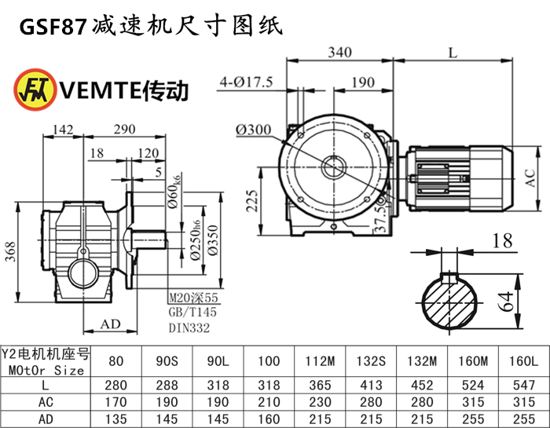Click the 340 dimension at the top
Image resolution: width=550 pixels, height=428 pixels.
pyautogui.click(x=342, y=53)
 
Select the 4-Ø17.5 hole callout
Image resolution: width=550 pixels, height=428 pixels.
pyautogui.click(x=246, y=82)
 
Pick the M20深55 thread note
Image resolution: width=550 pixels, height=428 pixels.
pyautogui.click(x=192, y=298)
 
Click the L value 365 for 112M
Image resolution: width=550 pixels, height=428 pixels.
pyautogui.click(x=321, y=385)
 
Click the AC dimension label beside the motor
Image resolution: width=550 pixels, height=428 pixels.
pyautogui.click(x=531, y=181)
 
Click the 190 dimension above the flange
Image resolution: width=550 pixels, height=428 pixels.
pyautogui.click(x=362, y=82)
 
